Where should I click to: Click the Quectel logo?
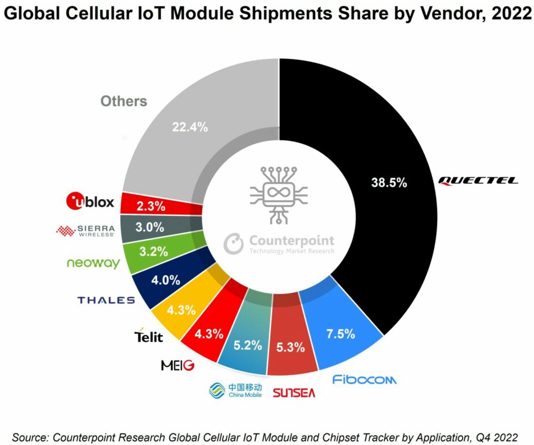478,181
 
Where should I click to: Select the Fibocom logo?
364,379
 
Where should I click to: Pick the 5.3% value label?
291,346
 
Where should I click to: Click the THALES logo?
106,300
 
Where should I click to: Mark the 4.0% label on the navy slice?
166,280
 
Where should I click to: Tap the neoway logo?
93,263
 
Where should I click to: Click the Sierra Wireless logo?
85,230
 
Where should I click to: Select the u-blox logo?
91,201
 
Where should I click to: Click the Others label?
124,101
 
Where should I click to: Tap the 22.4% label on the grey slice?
189,128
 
